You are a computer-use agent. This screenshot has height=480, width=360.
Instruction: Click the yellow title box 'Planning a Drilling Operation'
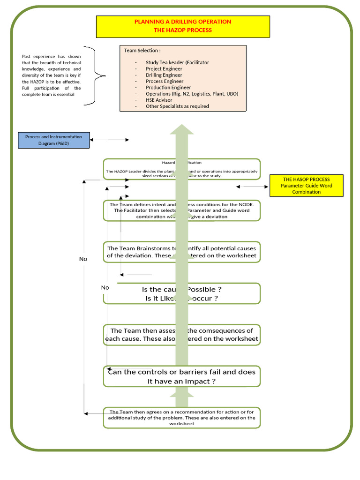(183, 26)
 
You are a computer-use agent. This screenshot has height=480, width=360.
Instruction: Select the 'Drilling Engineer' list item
(164, 75)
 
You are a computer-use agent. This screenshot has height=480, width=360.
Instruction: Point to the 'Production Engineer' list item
(168, 87)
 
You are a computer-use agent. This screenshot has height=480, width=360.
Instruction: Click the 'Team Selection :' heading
(142, 51)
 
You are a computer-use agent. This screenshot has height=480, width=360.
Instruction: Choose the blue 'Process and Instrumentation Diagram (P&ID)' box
(54, 140)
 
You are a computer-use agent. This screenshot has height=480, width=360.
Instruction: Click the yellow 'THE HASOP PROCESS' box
(307, 186)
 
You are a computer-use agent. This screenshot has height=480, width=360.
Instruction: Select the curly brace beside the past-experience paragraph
(99, 75)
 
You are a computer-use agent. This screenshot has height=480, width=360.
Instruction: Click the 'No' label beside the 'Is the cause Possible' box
(105, 287)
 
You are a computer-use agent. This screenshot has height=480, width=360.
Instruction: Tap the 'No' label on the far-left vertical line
(83, 259)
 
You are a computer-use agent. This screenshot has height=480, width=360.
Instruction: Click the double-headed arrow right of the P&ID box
(109, 140)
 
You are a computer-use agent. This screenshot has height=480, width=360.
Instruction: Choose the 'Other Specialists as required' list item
(177, 106)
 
